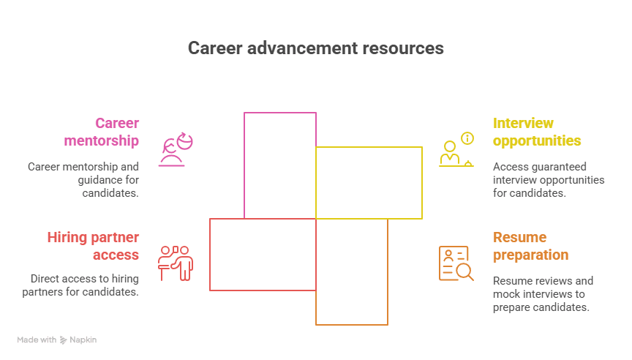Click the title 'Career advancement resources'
click(315, 48)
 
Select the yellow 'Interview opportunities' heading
click(537, 132)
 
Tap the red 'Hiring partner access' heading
click(93, 246)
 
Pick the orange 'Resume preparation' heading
click(530, 246)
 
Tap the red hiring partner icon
click(176, 263)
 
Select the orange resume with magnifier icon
click(456, 263)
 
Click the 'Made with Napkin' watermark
click(56, 340)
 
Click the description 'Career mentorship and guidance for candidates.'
click(83, 180)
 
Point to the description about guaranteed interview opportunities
click(549, 180)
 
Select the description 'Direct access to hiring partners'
click(84, 285)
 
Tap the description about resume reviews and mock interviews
click(543, 294)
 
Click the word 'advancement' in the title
click(301, 48)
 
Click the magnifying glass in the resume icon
click(464, 272)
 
